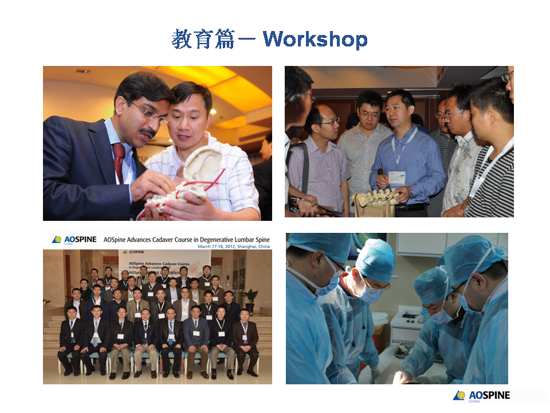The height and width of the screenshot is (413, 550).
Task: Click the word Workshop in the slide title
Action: (x=315, y=39)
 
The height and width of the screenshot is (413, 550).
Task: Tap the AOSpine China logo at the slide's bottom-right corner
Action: (x=481, y=396)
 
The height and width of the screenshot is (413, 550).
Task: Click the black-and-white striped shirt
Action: (x=493, y=184)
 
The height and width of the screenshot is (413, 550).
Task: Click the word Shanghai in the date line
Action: (x=241, y=247)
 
